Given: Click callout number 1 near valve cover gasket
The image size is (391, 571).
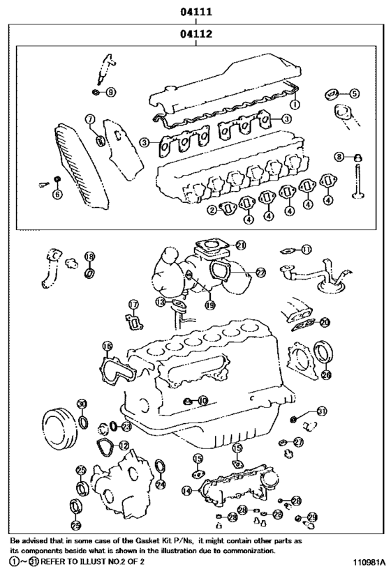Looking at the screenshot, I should (x=295, y=104).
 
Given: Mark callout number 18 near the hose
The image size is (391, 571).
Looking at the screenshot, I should (x=89, y=257).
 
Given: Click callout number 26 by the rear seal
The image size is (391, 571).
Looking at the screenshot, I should (x=325, y=374).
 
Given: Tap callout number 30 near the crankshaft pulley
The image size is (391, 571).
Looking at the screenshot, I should (x=82, y=404).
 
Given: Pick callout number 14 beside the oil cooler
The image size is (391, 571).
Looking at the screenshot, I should (x=186, y=492).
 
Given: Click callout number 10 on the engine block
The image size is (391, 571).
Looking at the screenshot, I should (x=202, y=400).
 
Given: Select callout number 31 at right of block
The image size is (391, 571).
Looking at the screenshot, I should (x=321, y=410).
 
